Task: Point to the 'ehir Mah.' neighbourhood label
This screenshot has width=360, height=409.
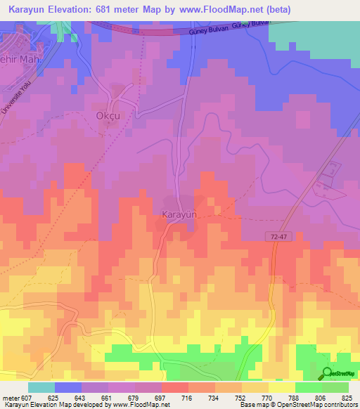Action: (22, 60)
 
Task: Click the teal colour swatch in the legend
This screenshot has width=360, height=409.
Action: (41, 387)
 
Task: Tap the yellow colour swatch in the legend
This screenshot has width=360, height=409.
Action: (282, 387)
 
